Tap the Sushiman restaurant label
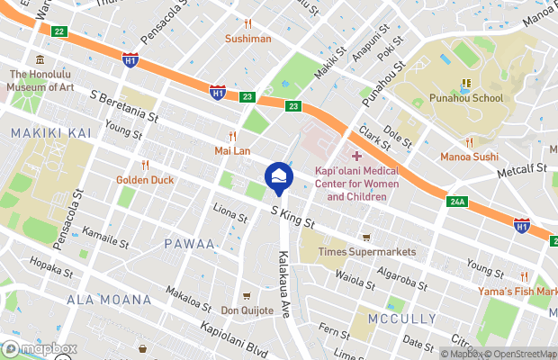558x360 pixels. (247, 39)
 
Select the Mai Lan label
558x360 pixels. (231, 150)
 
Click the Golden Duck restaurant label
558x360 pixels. (145, 179)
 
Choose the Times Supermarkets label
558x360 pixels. (367, 252)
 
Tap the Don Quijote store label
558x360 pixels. (247, 310)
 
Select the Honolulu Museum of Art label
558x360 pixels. (40, 81)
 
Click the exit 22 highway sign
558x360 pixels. (59, 31)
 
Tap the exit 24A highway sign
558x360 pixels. (456, 202)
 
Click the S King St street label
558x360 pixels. (292, 215)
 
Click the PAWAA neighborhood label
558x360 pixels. (189, 244)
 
